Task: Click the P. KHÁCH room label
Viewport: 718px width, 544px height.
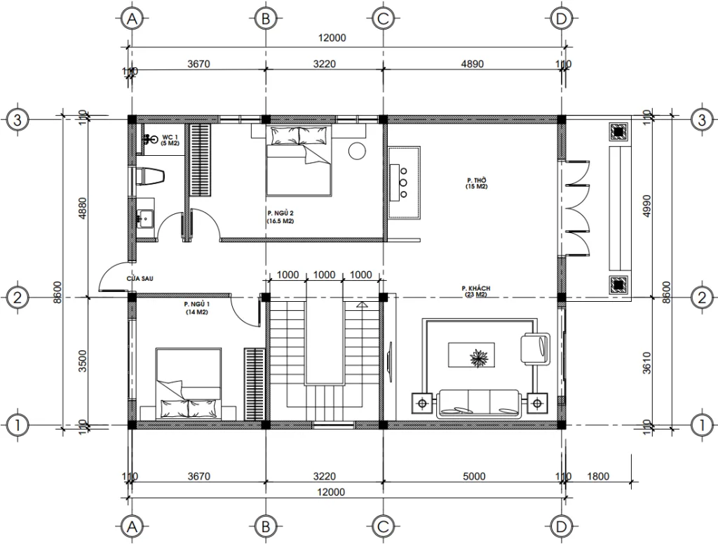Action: pyautogui.click(x=475, y=292)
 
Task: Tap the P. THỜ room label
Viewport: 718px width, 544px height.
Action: pyautogui.click(x=477, y=183)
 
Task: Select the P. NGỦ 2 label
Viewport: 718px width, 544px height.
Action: pyautogui.click(x=280, y=216)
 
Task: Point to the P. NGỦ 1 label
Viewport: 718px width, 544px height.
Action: pyautogui.click(x=197, y=307)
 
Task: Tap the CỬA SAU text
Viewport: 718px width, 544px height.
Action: pyautogui.click(x=140, y=279)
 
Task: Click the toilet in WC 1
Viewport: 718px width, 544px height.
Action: pyautogui.click(x=149, y=176)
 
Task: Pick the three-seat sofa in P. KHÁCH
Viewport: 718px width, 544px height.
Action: pyautogui.click(x=479, y=402)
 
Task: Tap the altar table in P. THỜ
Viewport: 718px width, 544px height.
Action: pyautogui.click(x=403, y=183)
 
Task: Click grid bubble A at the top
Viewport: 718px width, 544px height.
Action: pyautogui.click(x=130, y=20)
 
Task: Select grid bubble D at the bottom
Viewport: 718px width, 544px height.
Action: pyautogui.click(x=560, y=524)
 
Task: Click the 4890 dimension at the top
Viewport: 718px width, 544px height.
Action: pyautogui.click(x=471, y=64)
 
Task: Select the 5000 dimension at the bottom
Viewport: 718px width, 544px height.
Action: pyautogui.click(x=473, y=477)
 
